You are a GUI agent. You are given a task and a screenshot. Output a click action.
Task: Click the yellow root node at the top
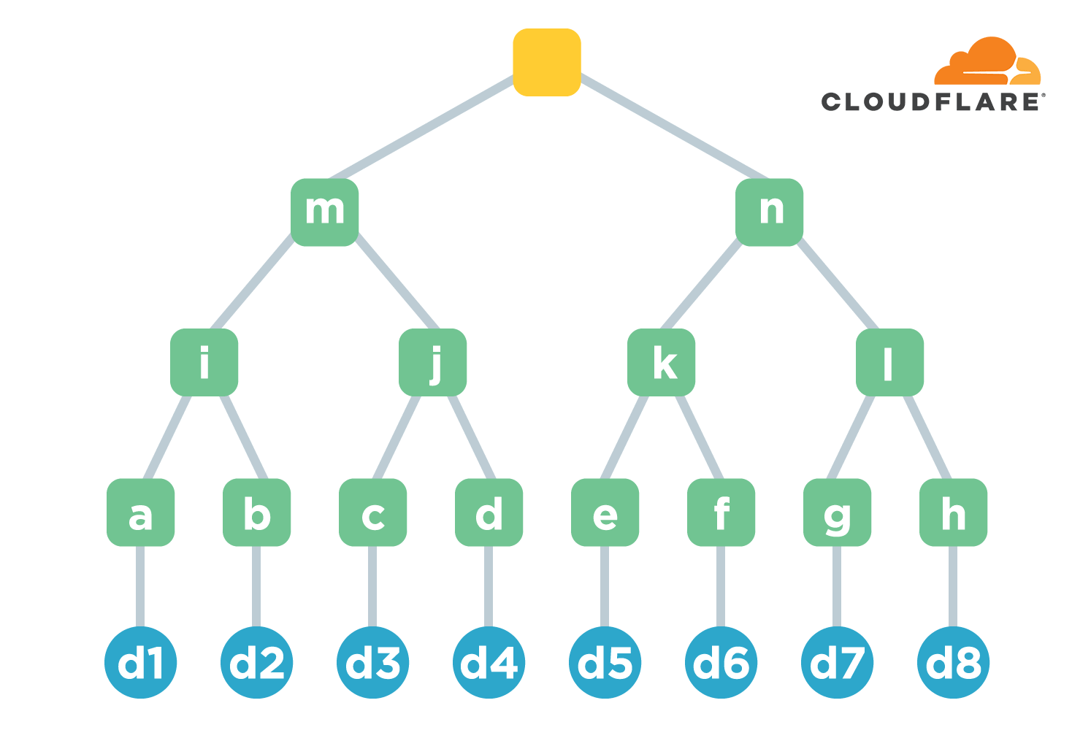pyautogui.click(x=546, y=62)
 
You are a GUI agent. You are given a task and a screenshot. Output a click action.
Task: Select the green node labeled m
pyautogui.click(x=324, y=212)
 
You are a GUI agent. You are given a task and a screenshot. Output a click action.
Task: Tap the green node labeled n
pyautogui.click(x=769, y=212)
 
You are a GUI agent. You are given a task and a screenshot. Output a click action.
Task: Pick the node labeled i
pyautogui.click(x=204, y=362)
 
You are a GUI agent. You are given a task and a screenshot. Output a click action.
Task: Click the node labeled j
pyautogui.click(x=432, y=362)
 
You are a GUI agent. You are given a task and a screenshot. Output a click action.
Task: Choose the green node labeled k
pyautogui.click(x=661, y=362)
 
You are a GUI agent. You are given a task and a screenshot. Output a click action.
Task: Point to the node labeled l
pyautogui.click(x=889, y=362)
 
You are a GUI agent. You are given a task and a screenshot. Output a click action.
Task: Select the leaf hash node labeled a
pyautogui.click(x=140, y=512)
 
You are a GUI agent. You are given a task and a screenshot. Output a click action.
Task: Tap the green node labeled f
pyautogui.click(x=721, y=512)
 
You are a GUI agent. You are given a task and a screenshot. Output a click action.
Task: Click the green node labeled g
pyautogui.click(x=837, y=512)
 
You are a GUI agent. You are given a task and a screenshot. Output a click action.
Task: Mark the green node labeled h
pyautogui.click(x=953, y=512)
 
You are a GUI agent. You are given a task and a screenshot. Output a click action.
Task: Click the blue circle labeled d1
pyautogui.click(x=140, y=663)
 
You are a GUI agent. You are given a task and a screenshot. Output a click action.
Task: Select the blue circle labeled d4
pyautogui.click(x=489, y=663)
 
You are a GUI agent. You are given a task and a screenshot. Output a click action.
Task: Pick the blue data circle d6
pyautogui.click(x=721, y=663)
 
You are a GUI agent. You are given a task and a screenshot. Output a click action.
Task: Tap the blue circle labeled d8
pyautogui.click(x=953, y=663)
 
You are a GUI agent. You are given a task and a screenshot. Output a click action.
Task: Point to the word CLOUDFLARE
pyautogui.click(x=931, y=102)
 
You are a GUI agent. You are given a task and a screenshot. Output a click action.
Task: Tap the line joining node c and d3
pyautogui.click(x=372, y=585)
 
